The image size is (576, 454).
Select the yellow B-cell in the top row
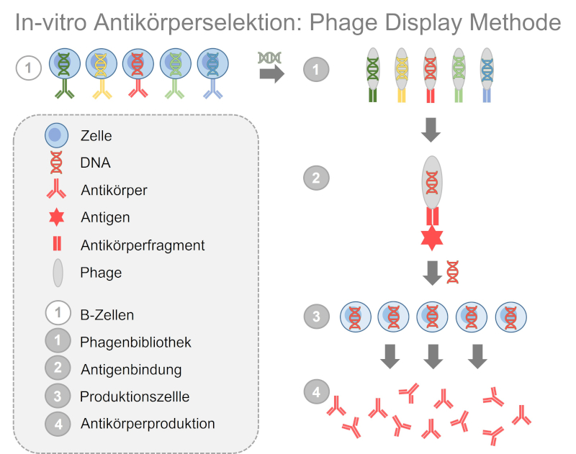pyautogui.click(x=101, y=65)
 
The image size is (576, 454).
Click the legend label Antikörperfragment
pyautogui.click(x=143, y=245)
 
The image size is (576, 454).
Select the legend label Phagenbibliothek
pyautogui.click(x=136, y=342)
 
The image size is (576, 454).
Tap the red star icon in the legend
pyautogui.click(x=57, y=217)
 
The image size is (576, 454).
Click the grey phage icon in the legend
pyautogui.click(x=58, y=273)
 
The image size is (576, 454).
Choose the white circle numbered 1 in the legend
pyautogui.click(x=58, y=314)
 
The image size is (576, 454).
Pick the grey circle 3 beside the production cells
pyautogui.click(x=316, y=316)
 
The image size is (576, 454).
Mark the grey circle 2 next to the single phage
pyautogui.click(x=316, y=177)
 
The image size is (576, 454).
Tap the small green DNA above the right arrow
pyautogui.click(x=271, y=57)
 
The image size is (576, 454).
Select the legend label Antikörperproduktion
pyautogui.click(x=148, y=424)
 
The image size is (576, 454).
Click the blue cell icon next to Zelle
pyautogui.click(x=57, y=135)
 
